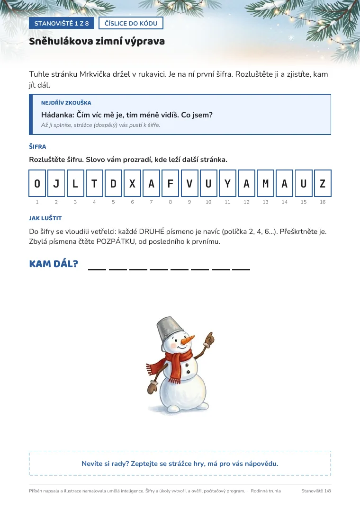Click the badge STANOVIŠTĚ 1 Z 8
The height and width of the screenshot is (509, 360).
pos(62,23)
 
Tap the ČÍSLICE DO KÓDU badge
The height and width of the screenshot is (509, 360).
pos(131,23)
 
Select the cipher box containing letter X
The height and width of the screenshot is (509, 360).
pos(132,183)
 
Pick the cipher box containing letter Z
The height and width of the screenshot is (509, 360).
pos(323,183)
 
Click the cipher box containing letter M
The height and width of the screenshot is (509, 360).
pos(266,183)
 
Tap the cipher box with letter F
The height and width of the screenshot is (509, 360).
pos(170,183)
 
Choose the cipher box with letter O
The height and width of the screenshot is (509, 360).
pos(37,183)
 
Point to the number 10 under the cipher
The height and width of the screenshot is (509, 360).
pos(208,202)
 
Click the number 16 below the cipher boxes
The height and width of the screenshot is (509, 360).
pos(323,202)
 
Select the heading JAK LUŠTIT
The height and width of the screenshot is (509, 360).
pos(45,218)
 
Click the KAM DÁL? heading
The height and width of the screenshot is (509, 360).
pos(54,264)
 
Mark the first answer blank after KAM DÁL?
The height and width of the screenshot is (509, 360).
pos(97,269)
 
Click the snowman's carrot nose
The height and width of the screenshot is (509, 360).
pos(188,340)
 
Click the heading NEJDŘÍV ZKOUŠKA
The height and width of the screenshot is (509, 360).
pos(66,103)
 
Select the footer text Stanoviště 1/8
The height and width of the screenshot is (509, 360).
pos(316,491)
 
